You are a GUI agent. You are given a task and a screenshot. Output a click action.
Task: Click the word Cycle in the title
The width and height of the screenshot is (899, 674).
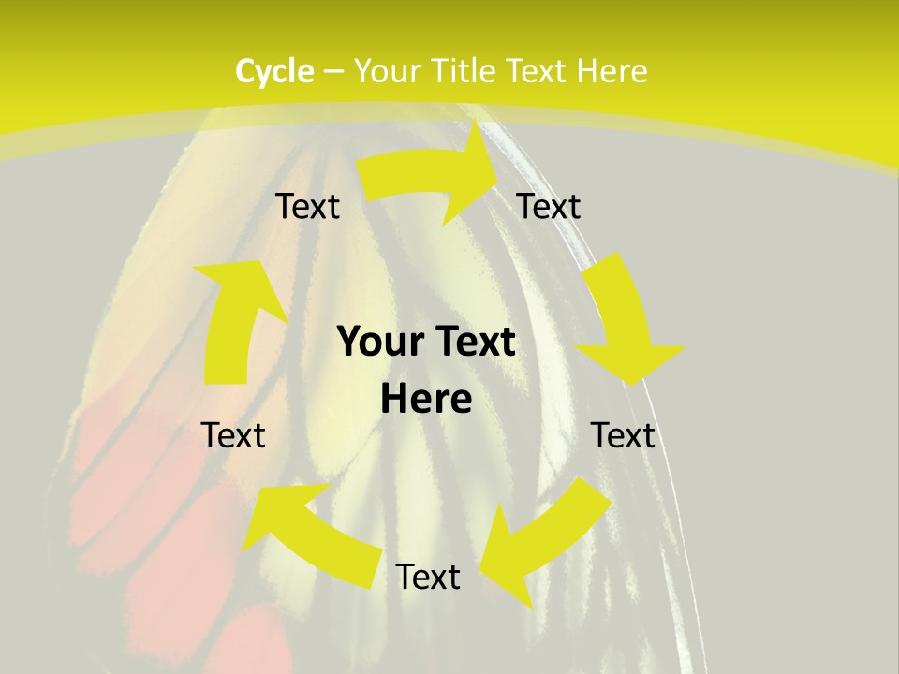(274, 71)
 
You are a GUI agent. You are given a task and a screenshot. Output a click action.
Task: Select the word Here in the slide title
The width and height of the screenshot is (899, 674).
(612, 71)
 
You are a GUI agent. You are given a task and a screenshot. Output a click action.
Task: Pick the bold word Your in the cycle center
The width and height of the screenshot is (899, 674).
(375, 343)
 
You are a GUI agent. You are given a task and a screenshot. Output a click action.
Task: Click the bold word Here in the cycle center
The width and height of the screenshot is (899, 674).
(426, 400)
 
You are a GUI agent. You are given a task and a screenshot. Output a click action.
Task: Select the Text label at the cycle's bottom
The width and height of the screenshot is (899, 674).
(428, 577)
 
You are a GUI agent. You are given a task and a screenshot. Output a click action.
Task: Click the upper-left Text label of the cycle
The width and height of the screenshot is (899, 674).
(307, 207)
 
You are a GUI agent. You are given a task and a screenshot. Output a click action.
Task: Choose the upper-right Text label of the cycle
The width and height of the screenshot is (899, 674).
(549, 207)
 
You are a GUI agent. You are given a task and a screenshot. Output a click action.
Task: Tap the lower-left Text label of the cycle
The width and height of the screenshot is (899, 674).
(233, 435)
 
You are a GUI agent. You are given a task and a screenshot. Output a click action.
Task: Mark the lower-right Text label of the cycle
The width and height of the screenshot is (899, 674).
(623, 435)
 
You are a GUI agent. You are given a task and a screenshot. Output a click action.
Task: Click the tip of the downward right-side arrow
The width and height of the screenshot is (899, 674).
(637, 384)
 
